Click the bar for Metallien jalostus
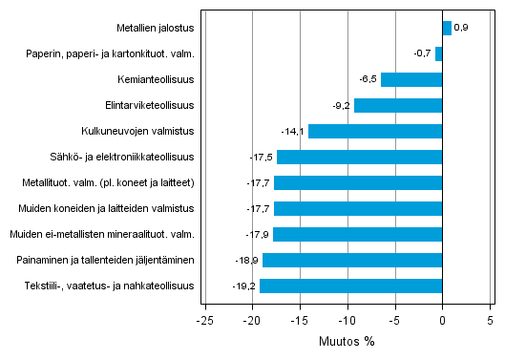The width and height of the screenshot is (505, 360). [447, 28]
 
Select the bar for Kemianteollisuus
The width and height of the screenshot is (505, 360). [411, 79]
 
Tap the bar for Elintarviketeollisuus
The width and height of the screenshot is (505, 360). [398, 105]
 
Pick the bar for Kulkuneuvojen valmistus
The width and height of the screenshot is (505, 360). [375, 131]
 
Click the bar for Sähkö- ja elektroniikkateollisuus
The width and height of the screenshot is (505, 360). [359, 157]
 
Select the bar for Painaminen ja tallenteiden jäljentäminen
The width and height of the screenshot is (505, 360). [352, 260]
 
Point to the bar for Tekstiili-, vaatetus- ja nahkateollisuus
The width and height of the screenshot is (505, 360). [350, 286]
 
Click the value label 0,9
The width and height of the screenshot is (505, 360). [460, 28]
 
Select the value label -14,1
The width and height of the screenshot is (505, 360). [293, 131]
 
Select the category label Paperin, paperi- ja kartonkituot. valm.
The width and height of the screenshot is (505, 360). [111, 53]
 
